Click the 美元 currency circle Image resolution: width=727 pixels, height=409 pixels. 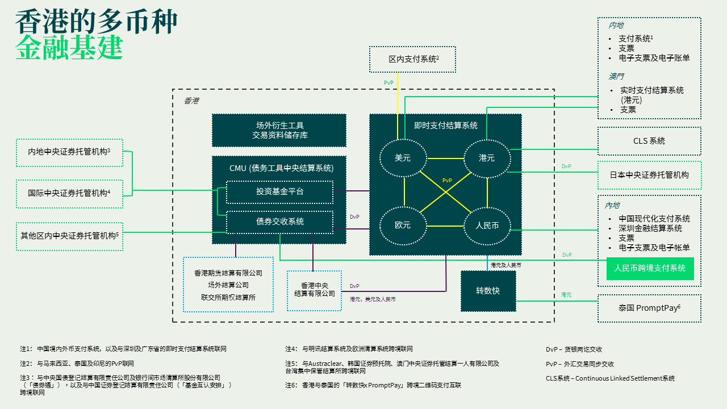[x=403, y=158]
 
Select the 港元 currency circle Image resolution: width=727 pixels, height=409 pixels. [x=487, y=158]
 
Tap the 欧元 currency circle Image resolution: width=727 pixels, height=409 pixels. [x=403, y=226]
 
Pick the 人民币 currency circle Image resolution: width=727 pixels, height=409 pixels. [x=487, y=226]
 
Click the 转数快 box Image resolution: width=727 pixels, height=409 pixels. [x=488, y=291]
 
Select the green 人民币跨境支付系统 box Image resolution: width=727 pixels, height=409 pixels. [x=650, y=268]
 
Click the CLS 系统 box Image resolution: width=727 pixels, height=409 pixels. [x=649, y=141]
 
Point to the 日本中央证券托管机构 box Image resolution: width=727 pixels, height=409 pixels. [x=649, y=175]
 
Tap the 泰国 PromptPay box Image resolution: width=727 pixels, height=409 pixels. [x=649, y=308]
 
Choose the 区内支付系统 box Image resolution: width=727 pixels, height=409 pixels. [x=412, y=59]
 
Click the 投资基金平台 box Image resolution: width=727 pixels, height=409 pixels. [x=279, y=192]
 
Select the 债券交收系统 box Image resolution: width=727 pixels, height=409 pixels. [x=279, y=222]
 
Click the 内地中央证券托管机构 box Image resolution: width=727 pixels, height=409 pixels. [x=69, y=152]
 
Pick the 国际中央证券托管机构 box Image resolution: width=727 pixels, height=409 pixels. [x=69, y=193]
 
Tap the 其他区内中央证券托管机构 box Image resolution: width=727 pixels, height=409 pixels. [x=69, y=234]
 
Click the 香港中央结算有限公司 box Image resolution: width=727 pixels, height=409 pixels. [x=315, y=290]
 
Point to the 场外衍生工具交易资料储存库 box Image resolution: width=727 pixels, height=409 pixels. [x=279, y=130]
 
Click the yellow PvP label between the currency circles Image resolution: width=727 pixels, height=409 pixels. [x=447, y=181]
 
